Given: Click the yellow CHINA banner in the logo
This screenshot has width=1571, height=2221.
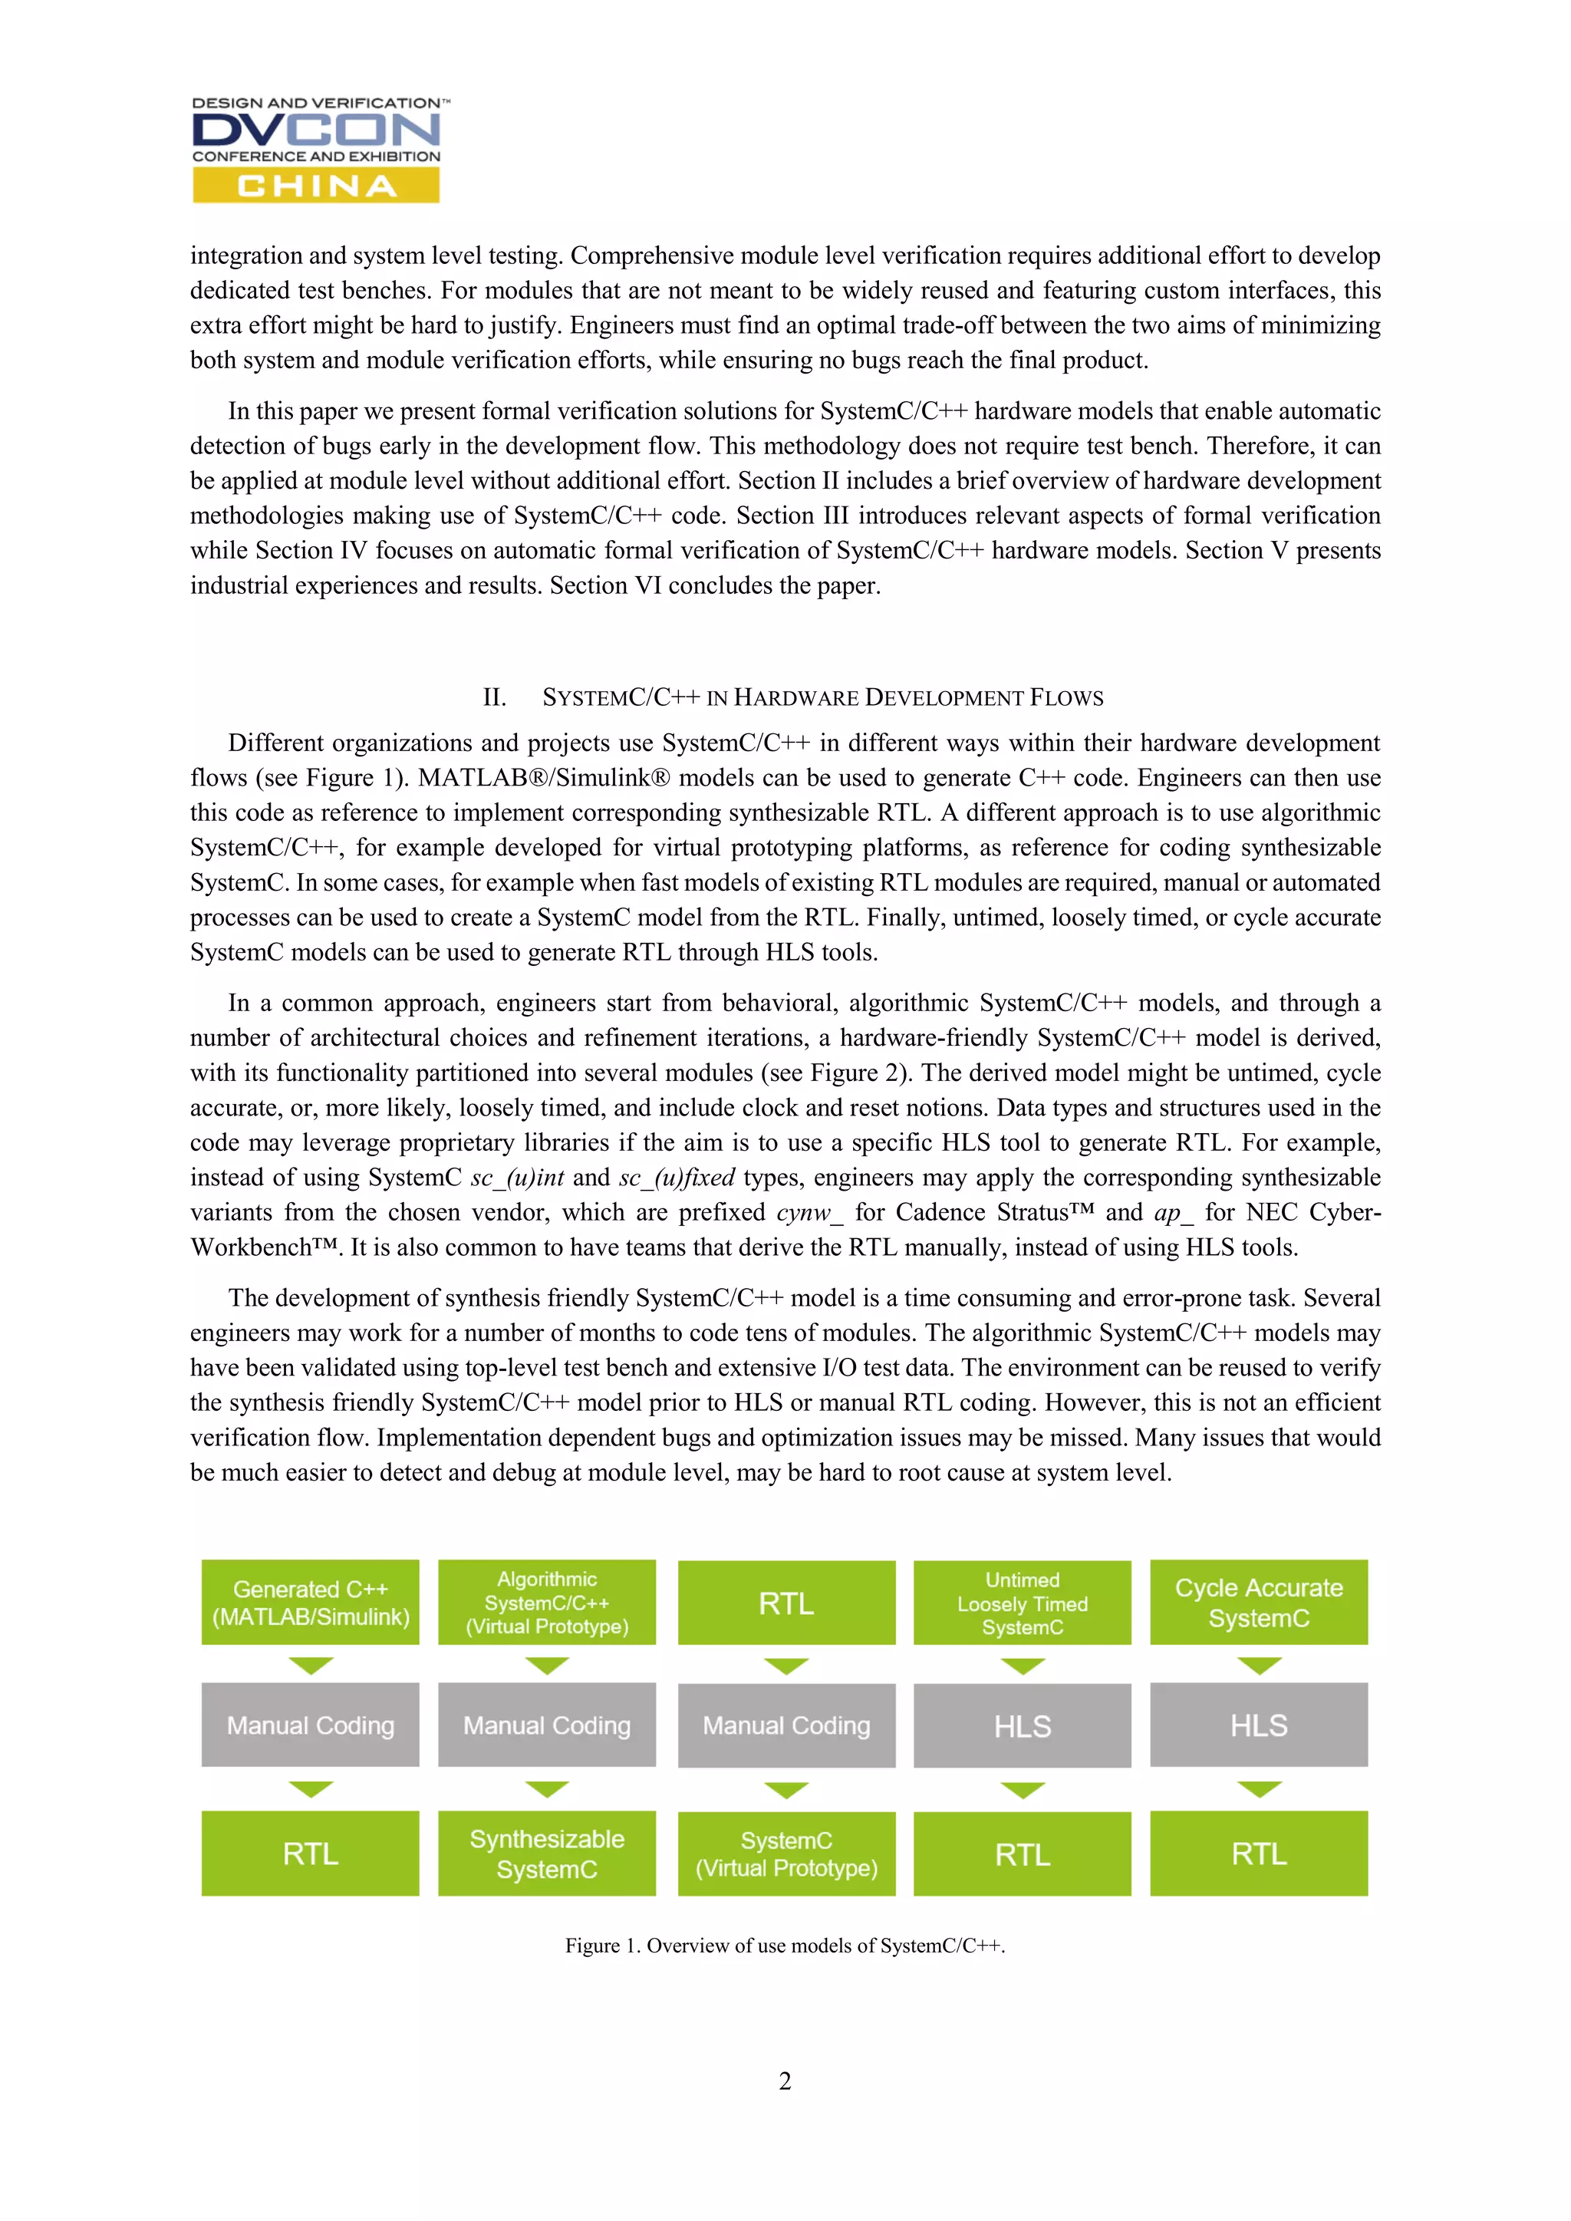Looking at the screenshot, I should point(315,185).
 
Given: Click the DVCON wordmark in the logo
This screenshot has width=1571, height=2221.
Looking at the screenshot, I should point(315,130).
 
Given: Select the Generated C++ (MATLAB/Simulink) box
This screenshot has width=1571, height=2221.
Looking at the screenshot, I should point(311,1602).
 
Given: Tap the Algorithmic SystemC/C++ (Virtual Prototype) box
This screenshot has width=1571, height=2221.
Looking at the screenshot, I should point(547,1602).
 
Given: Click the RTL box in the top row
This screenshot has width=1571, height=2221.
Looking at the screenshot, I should point(786,1603).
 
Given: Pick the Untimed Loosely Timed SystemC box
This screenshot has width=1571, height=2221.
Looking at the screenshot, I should point(1023,1603).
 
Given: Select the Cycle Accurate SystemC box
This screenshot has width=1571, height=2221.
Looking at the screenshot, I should point(1259,1602).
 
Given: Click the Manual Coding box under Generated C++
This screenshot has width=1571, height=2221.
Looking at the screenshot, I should point(311,1725).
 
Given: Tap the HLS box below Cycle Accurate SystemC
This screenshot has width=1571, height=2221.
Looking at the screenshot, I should point(1259,1725).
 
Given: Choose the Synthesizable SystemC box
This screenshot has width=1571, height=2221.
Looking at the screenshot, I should point(547,1854).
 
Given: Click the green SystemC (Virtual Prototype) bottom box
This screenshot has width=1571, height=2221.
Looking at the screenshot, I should point(786,1854).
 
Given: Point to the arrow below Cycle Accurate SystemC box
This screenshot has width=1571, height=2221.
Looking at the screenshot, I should point(1259,1666).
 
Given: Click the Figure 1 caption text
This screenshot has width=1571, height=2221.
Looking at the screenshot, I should point(785,1946).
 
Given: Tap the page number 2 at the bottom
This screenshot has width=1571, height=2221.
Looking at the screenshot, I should point(785,2081).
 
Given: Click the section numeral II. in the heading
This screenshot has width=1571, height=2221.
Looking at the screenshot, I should point(494,697).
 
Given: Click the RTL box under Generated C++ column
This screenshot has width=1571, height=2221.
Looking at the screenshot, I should point(311,1854).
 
